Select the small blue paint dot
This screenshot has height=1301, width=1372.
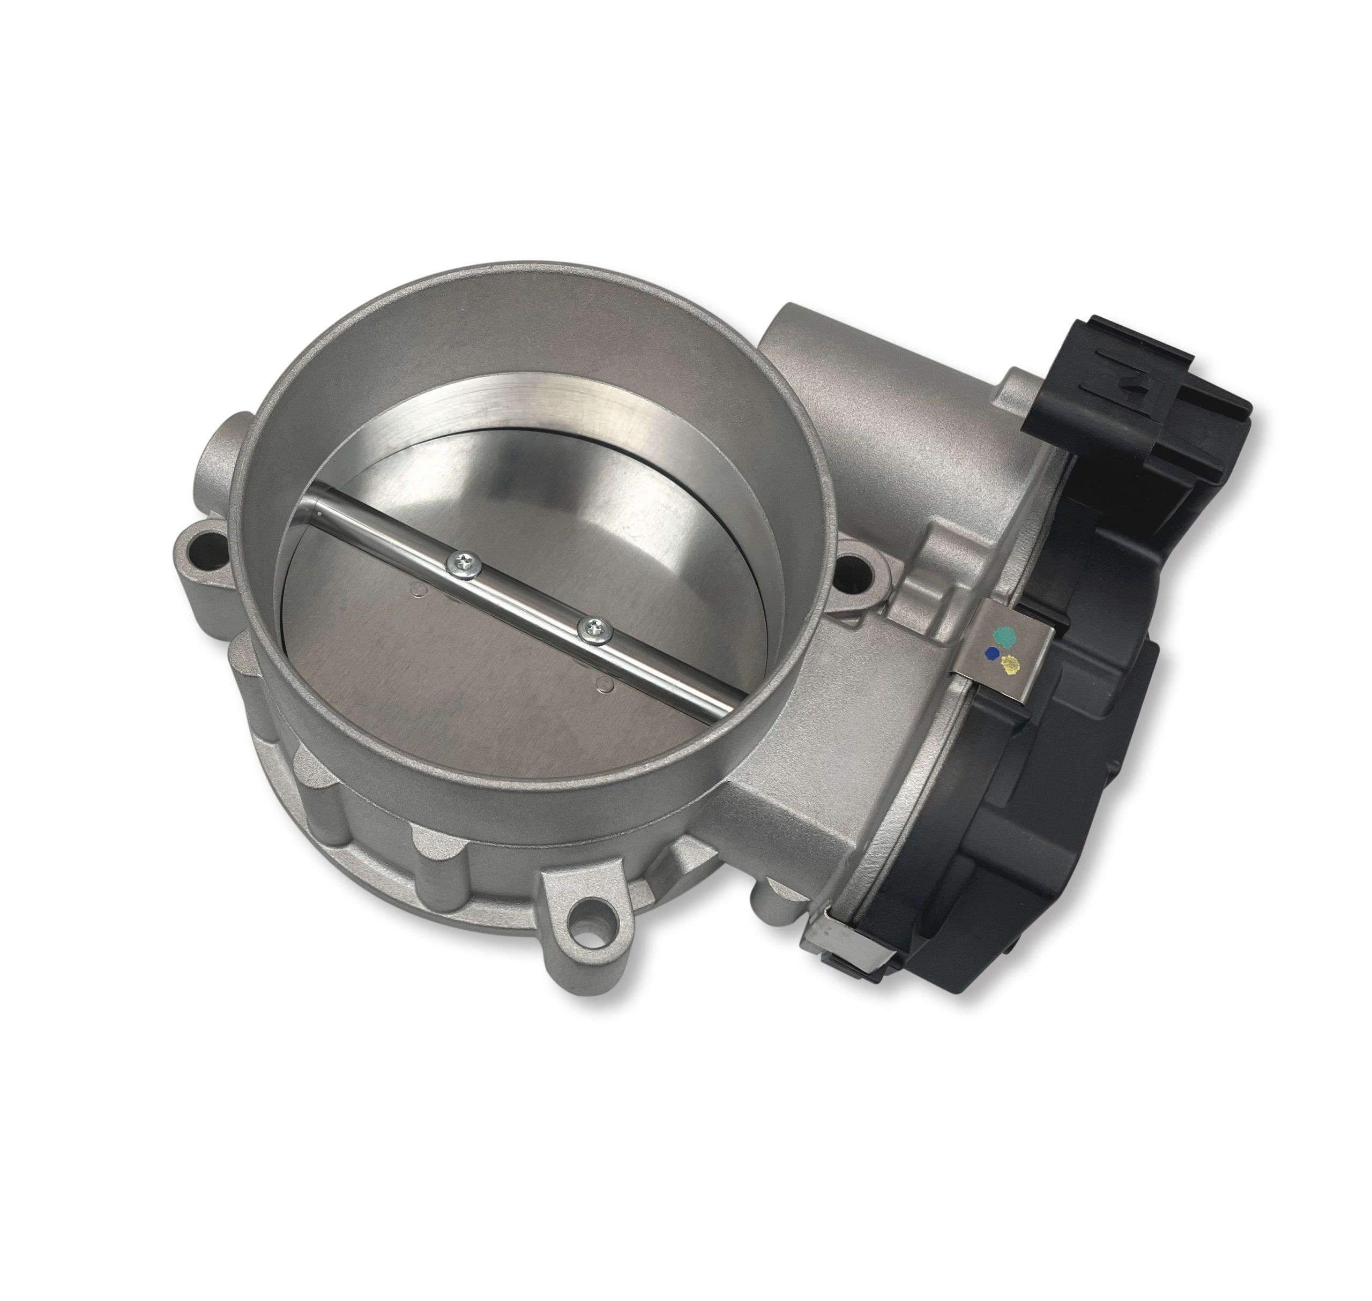pyautogui.click(x=993, y=653)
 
